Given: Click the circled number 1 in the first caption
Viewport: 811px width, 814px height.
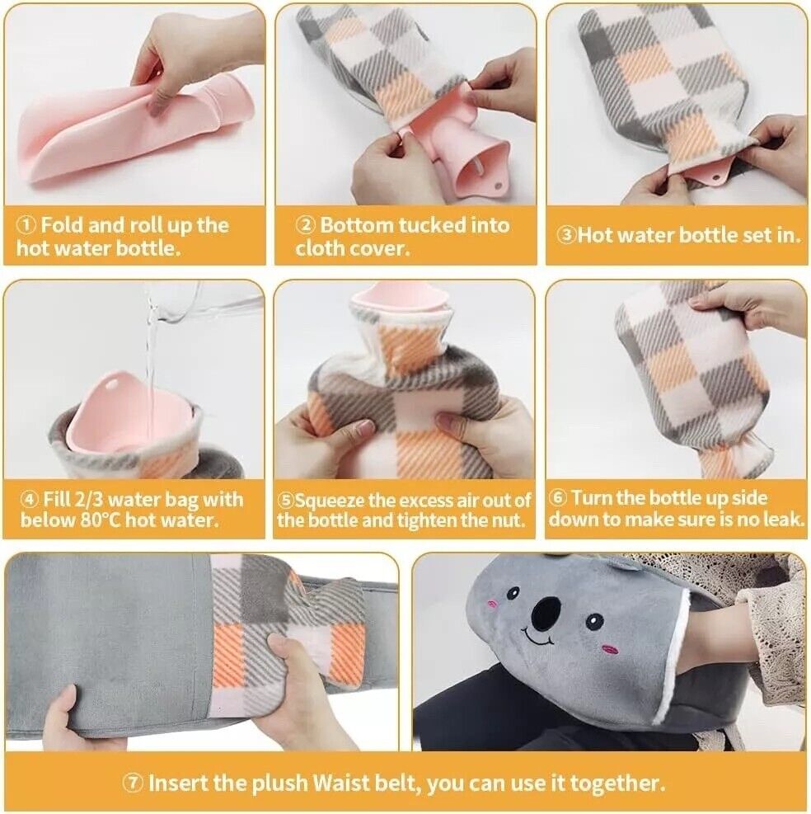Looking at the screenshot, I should click(27, 225).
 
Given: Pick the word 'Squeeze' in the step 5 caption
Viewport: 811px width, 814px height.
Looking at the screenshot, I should click(334, 501).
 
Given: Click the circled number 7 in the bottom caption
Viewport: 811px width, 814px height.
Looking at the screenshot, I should click(134, 783).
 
